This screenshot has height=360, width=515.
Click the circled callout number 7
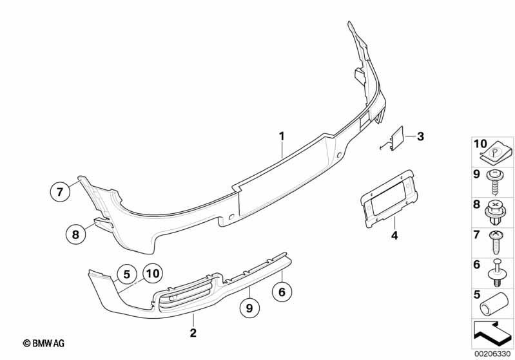coord(60,191)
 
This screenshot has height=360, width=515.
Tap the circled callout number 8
coord(75,234)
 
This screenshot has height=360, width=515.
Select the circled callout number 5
coord(127,274)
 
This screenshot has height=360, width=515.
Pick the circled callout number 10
coord(153,273)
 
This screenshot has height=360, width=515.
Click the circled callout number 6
coord(282,291)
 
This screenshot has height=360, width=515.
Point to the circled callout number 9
coord(249,308)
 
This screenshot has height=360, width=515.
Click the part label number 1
coord(282,135)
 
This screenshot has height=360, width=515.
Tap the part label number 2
coord(193,332)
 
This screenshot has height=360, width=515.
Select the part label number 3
coord(420,136)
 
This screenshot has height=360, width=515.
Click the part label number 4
coord(394,235)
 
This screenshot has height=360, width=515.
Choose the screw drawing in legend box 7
coord(496,242)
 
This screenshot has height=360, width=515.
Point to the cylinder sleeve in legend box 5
coord(492,303)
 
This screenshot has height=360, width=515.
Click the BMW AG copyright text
coord(44,343)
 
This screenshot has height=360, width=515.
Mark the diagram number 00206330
coord(493,354)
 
